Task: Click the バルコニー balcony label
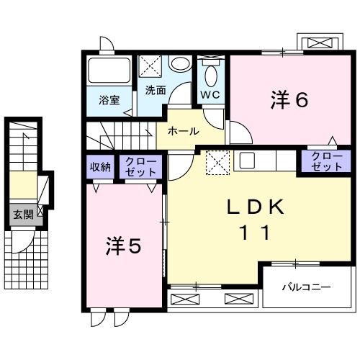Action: click(306, 287)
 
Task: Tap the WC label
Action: click(211, 94)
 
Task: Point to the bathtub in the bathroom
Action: click(109, 72)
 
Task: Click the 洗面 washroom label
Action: click(156, 91)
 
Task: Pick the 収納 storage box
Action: click(100, 167)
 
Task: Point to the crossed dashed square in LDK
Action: click(216, 163)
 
